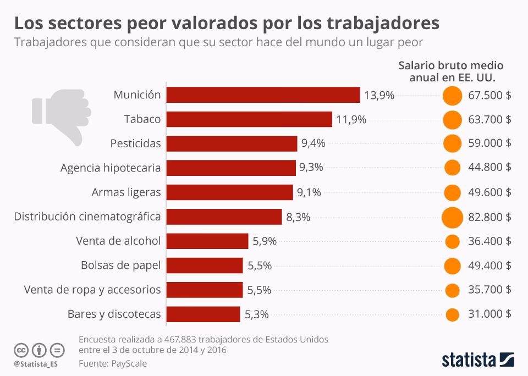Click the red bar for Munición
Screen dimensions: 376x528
click(x=263, y=95)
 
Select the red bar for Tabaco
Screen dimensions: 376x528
click(x=249, y=119)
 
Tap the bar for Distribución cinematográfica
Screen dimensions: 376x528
click(x=224, y=217)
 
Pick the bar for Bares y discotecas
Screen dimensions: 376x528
click(x=203, y=314)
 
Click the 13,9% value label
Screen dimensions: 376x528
click(x=379, y=95)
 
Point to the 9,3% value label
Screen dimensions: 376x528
click(x=311, y=168)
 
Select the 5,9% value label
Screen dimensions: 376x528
click(x=265, y=241)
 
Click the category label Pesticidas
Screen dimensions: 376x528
click(x=135, y=143)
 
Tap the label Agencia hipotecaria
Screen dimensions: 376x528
click(x=111, y=168)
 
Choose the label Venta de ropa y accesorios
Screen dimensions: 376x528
click(x=92, y=290)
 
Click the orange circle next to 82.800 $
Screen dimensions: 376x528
click(x=452, y=217)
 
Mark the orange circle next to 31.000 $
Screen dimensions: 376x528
click(x=452, y=314)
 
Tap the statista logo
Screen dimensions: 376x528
click(x=478, y=360)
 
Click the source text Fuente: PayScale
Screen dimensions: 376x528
click(x=113, y=363)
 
